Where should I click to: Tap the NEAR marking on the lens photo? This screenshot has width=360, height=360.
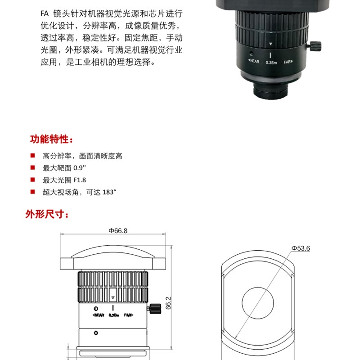254,62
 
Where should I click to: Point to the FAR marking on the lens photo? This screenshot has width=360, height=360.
288,63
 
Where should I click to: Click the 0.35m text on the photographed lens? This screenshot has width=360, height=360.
271,63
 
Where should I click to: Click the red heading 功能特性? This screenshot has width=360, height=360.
50,139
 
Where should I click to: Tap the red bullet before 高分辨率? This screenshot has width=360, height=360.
32,156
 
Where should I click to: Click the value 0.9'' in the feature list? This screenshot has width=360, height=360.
79,168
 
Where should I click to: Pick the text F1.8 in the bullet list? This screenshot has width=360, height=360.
79,180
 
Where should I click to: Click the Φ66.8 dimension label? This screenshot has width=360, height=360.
118,231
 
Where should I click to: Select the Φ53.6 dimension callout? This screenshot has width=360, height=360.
301,248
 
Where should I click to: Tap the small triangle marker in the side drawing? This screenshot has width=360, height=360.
112,298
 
